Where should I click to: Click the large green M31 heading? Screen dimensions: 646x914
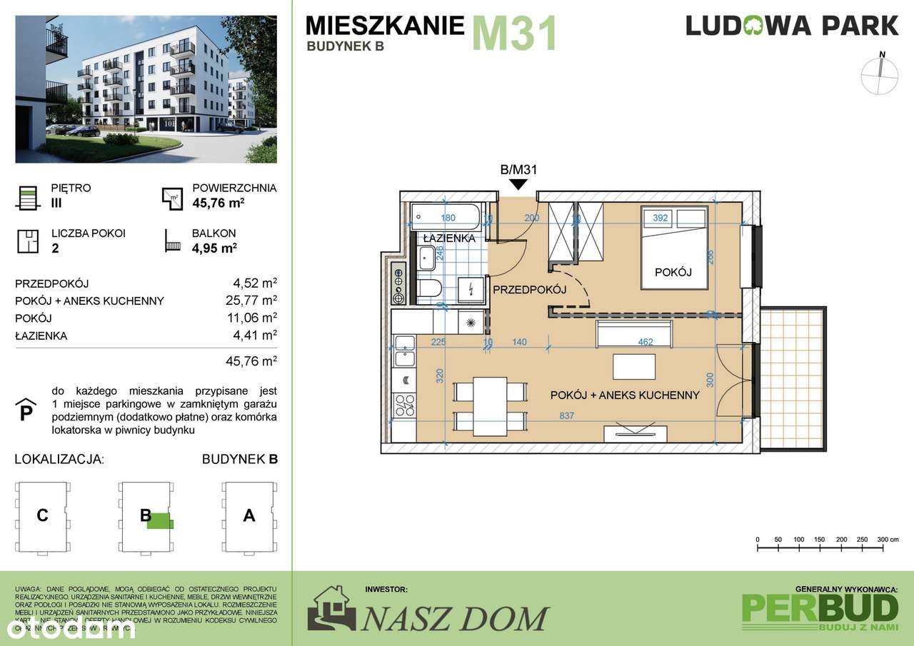coord(513,34)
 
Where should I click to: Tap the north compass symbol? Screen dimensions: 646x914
coord(881,75)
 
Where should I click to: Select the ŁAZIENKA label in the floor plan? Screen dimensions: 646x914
coord(448,238)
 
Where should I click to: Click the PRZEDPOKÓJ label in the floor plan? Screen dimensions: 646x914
coord(529,289)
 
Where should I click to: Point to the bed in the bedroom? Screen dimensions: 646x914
coord(674,248)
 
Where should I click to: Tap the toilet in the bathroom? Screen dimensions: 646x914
coord(428,288)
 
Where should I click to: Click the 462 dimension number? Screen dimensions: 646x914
coord(646,343)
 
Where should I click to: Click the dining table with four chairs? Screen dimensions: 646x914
coord(491,403)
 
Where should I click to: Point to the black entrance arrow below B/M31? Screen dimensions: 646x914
coord(518,185)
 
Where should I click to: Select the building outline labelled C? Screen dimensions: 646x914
coord(43,515)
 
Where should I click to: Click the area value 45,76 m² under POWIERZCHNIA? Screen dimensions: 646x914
coord(214,203)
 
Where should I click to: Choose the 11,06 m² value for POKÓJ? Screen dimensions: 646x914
coord(251,318)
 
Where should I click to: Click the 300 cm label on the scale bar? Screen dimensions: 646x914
coord(886,539)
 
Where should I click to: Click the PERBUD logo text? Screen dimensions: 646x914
coord(820,607)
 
